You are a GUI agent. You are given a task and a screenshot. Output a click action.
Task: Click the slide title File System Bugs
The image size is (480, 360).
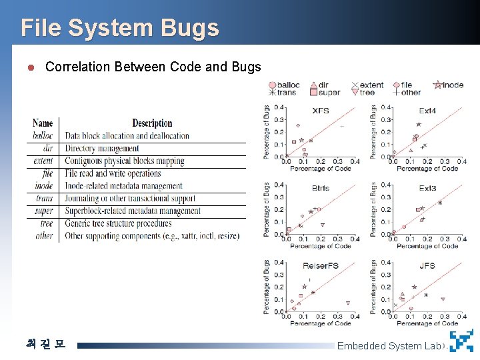[x=120, y=28]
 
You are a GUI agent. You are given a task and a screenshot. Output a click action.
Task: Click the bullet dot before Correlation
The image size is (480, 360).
[x=30, y=67]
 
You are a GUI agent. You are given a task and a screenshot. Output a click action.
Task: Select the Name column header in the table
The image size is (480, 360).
[x=43, y=123]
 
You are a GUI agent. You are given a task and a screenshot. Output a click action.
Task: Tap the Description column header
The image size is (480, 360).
[x=152, y=123]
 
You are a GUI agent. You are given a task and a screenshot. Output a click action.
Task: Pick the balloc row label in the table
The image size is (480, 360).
[x=43, y=136]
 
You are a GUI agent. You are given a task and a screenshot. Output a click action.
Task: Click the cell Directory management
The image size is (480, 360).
[x=102, y=149]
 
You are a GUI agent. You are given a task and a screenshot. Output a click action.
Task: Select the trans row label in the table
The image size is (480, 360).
[x=44, y=198]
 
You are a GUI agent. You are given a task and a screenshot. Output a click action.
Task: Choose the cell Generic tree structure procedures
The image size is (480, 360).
[x=118, y=223]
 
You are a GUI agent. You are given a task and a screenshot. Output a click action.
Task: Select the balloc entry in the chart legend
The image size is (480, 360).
[x=285, y=85]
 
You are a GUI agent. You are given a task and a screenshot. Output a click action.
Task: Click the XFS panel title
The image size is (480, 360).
[x=321, y=111]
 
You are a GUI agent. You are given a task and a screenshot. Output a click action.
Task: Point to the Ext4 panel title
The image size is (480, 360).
[x=427, y=111]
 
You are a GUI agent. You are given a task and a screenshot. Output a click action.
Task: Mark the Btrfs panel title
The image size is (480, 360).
[x=321, y=188]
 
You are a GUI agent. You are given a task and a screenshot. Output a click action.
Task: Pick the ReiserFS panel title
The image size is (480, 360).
[x=321, y=266]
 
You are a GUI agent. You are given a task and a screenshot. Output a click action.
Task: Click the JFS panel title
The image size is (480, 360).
[x=427, y=266]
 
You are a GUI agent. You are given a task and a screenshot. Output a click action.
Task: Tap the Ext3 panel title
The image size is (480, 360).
[x=427, y=188]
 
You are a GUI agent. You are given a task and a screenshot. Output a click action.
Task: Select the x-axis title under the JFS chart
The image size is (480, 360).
[x=427, y=324]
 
